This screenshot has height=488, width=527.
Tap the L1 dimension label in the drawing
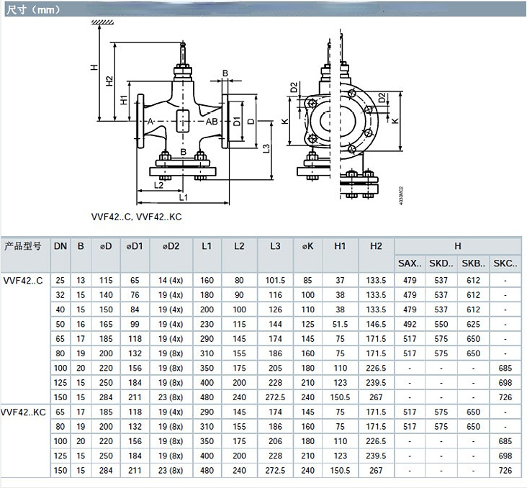coord(183,197)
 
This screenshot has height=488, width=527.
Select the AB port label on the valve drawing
coord(212,122)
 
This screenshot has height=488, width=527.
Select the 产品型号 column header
coord(24,246)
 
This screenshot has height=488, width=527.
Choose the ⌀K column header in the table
coord(307,246)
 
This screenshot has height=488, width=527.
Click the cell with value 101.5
coord(275,279)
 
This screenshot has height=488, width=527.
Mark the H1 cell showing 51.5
coord(341,325)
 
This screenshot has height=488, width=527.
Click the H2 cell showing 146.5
coord(376,325)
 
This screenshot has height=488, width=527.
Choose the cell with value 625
coord(473,325)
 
